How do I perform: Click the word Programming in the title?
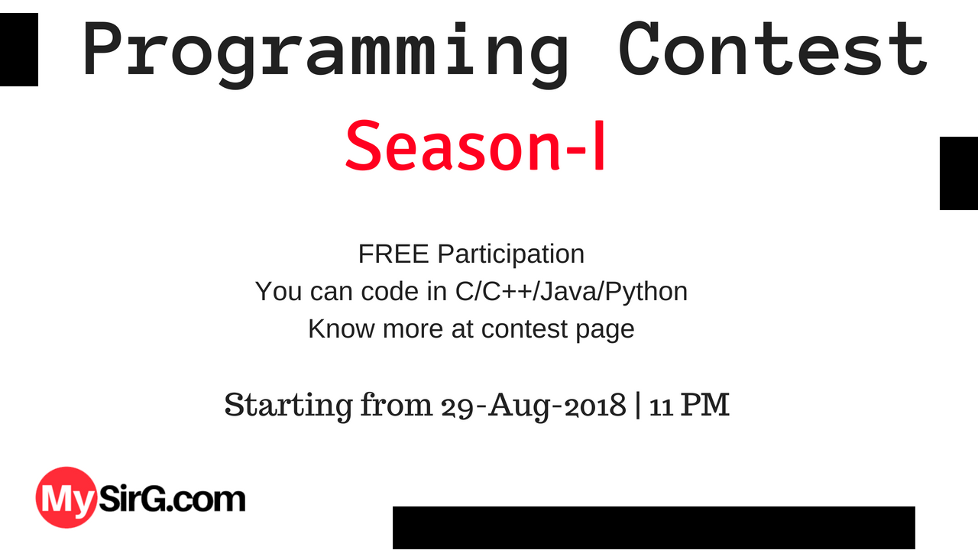coord(325,54)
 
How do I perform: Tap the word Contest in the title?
coord(772,49)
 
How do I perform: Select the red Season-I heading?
coord(475,146)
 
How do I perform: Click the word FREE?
coord(393,254)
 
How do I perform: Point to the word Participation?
coord(511,255)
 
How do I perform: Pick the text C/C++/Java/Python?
coord(572,292)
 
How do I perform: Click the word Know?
coord(342,328)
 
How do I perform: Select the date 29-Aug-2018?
coord(534,406)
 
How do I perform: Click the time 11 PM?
coord(689,405)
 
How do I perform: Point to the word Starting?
coord(289,406)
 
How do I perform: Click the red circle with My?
coord(66,497)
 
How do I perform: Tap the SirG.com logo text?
coord(172,499)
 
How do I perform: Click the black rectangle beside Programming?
coord(19,50)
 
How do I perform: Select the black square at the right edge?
coord(959,173)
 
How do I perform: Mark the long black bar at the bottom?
coord(654,527)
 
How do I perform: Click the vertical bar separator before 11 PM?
coord(638,405)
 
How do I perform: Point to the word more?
coord(413,329)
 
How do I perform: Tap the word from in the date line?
coord(397,405)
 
